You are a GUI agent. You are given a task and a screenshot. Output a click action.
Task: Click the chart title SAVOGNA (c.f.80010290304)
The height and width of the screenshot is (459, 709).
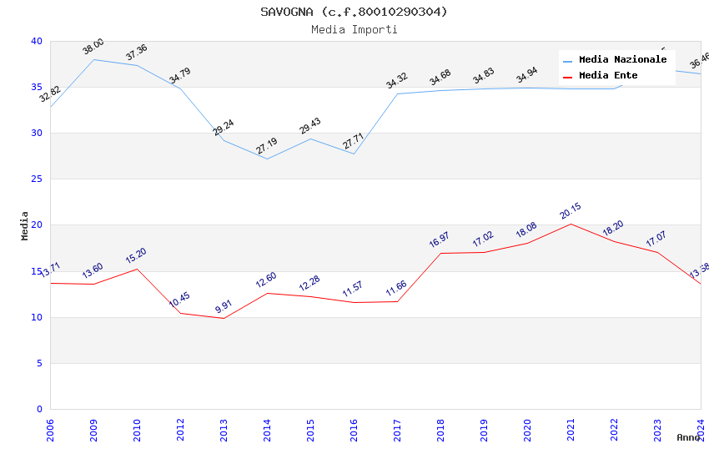[x=354, y=12]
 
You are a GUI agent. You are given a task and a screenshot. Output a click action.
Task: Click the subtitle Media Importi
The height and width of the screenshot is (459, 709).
[x=354, y=30]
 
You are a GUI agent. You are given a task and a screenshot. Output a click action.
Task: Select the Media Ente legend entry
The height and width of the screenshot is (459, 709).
[x=608, y=76]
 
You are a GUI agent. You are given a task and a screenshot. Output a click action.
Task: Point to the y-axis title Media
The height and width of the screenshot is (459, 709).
[x=25, y=225]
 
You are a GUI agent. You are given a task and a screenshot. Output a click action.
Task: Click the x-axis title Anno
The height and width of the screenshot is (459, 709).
[x=688, y=437]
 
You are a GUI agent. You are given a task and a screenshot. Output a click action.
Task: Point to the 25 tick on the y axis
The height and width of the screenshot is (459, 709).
[x=36, y=179]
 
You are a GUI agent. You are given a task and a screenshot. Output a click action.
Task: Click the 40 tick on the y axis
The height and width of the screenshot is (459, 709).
[x=36, y=41]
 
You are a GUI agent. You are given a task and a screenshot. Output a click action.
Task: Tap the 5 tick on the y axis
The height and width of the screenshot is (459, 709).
[x=38, y=363]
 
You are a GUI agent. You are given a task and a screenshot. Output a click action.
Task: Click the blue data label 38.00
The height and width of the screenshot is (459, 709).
[x=93, y=47]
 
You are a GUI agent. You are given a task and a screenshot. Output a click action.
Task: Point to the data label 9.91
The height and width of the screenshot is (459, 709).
[x=223, y=306]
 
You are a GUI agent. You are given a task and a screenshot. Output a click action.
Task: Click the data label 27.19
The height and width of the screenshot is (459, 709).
[x=266, y=147]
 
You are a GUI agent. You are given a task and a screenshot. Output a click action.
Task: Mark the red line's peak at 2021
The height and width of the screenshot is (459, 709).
[x=571, y=224]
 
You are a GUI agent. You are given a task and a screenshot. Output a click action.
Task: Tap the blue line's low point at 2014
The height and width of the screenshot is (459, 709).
[x=267, y=159]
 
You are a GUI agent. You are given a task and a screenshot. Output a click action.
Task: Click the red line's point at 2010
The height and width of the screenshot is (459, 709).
[x=137, y=269]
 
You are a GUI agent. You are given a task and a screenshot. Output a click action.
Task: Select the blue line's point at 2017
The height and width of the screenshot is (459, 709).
[x=397, y=93]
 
